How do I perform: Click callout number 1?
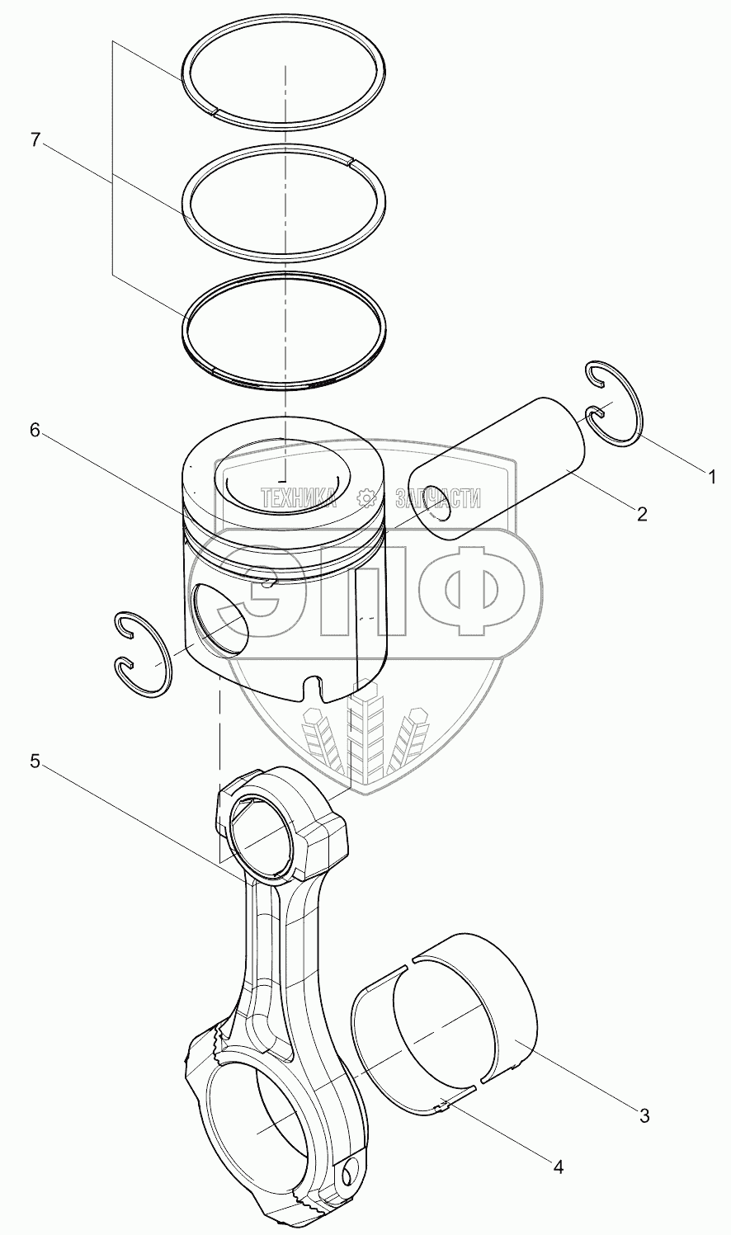point(709,476)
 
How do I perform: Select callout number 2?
point(641,514)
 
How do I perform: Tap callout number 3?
point(644,1116)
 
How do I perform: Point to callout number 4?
point(559,1167)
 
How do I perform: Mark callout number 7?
point(35,140)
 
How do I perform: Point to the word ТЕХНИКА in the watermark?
point(299,497)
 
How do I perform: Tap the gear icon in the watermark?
point(368,497)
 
